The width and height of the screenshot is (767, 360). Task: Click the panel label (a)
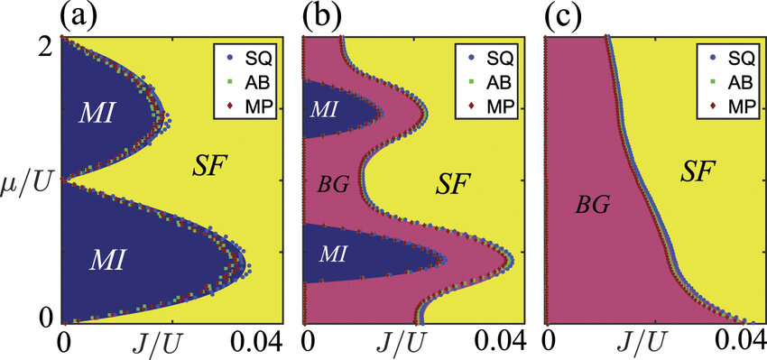pyautogui.click(x=79, y=16)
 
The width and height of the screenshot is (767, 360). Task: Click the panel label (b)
pyautogui.click(x=322, y=16)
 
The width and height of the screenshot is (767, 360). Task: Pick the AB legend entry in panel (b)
pyautogui.click(x=490, y=81)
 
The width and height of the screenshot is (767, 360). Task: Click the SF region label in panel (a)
pyautogui.click(x=211, y=165)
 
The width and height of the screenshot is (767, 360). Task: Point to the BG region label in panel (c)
pyautogui.click(x=595, y=206)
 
